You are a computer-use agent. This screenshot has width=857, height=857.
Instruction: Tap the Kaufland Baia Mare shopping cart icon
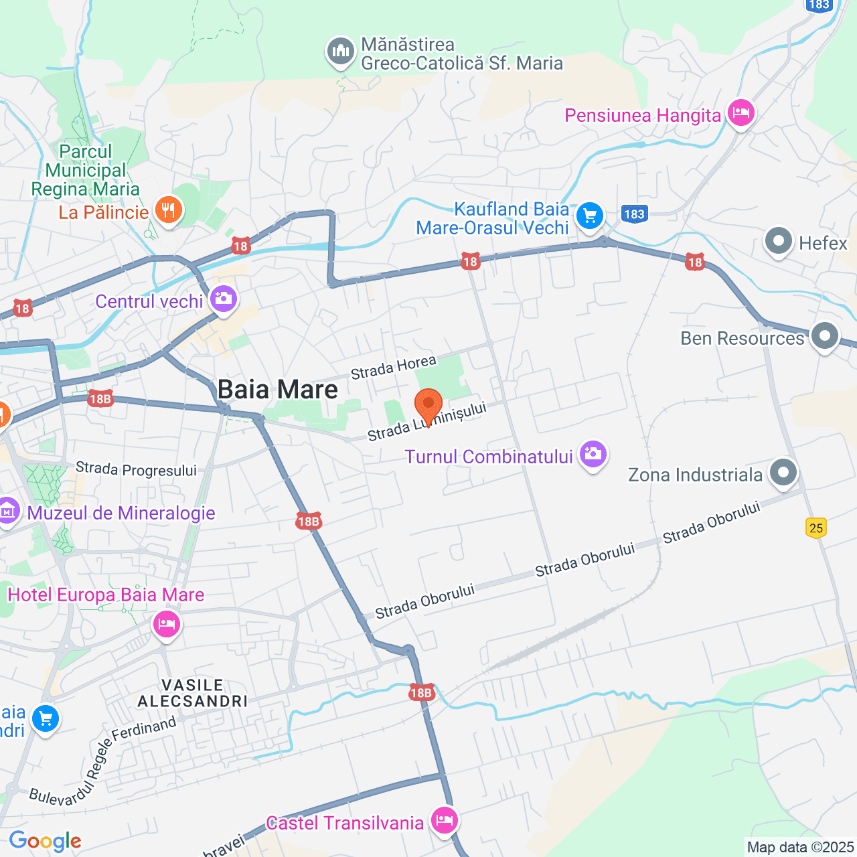pos(590,216)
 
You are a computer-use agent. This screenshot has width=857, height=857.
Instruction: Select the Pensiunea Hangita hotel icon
pos(741,113)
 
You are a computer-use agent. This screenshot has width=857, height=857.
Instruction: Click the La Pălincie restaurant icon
pos(168,211)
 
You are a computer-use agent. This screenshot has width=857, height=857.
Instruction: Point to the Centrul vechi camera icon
pos(223,299)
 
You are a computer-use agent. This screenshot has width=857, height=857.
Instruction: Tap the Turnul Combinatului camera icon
pos(593,455)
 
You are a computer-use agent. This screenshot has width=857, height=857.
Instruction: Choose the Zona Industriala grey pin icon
pos(783,473)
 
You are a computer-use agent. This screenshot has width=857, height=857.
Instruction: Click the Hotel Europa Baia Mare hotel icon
pos(166,625)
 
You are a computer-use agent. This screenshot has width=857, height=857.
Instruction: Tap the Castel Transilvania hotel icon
pos(444,820)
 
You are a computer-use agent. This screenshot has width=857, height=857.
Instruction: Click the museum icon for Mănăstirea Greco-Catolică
pos(341,51)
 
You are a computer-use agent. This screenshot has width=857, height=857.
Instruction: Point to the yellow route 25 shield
pos(816,528)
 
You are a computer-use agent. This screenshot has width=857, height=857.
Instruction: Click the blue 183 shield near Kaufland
pos(633,214)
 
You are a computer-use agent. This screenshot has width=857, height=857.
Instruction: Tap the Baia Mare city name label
pos(278,390)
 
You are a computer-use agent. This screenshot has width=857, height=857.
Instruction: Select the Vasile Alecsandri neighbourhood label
pos(193,693)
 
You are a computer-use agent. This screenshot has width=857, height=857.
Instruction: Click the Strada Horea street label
pos(394,367)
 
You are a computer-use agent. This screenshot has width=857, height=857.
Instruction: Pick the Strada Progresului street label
pos(136,469)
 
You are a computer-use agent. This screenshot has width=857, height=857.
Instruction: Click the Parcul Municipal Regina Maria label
pos(86,171)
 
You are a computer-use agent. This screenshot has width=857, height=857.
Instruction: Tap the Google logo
pos(46,841)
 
